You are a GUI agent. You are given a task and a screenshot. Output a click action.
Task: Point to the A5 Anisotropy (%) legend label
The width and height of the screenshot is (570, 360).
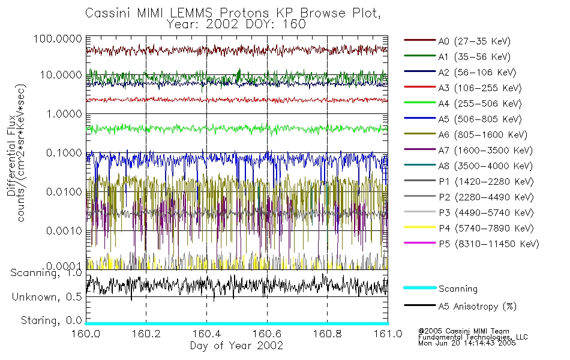coord(478,307)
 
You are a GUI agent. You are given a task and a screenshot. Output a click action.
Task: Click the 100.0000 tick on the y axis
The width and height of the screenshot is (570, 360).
coord(58,38)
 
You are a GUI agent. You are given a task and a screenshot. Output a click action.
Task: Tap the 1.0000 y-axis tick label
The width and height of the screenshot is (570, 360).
coord(62,113)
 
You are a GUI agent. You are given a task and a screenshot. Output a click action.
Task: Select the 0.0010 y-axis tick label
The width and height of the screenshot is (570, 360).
coord(62,230)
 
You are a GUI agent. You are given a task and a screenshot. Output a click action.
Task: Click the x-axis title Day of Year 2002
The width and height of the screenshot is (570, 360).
coord(237,346)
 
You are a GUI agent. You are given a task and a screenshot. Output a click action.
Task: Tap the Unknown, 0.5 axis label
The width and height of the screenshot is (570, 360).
coord(46,297)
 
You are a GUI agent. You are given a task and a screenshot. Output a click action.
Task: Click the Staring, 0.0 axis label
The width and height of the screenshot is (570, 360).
coord(50,320)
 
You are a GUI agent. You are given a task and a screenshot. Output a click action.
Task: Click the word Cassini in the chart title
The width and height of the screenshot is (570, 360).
coord(106,13)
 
